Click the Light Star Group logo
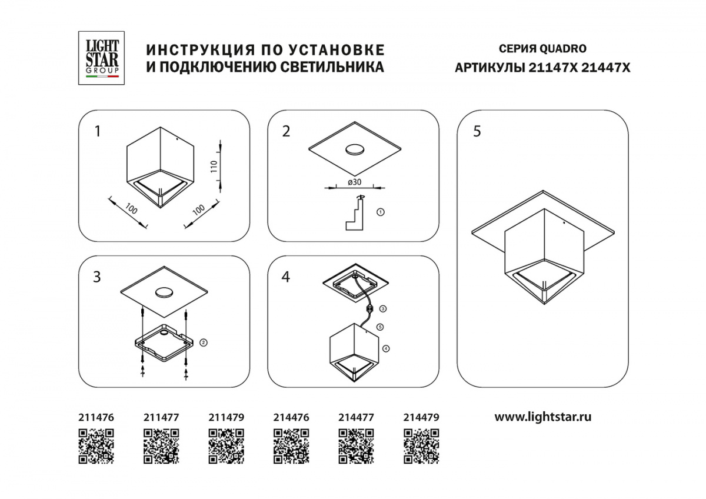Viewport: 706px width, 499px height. (x=101, y=58)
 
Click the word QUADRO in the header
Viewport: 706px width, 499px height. (x=563, y=49)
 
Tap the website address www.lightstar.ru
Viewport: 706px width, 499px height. (x=542, y=417)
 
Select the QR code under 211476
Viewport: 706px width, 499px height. (x=96, y=446)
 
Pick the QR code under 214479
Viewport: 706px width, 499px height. (x=421, y=446)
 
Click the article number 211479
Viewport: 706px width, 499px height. (x=227, y=417)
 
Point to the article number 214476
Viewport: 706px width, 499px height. (x=291, y=417)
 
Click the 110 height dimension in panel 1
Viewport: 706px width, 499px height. (x=214, y=167)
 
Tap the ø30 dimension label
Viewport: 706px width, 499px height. (x=355, y=182)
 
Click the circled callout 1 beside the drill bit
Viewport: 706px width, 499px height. (x=381, y=212)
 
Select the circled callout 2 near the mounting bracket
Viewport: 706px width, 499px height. (x=204, y=342)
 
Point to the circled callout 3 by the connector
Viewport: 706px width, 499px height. (x=382, y=308)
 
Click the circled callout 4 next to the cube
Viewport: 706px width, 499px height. (x=386, y=348)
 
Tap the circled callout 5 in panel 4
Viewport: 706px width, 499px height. (x=380, y=327)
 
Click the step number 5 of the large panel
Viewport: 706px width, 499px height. (x=477, y=131)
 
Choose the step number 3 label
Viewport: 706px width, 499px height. (x=96, y=277)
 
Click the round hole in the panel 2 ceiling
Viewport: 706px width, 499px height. (x=355, y=150)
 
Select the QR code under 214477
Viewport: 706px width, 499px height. (x=356, y=446)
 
